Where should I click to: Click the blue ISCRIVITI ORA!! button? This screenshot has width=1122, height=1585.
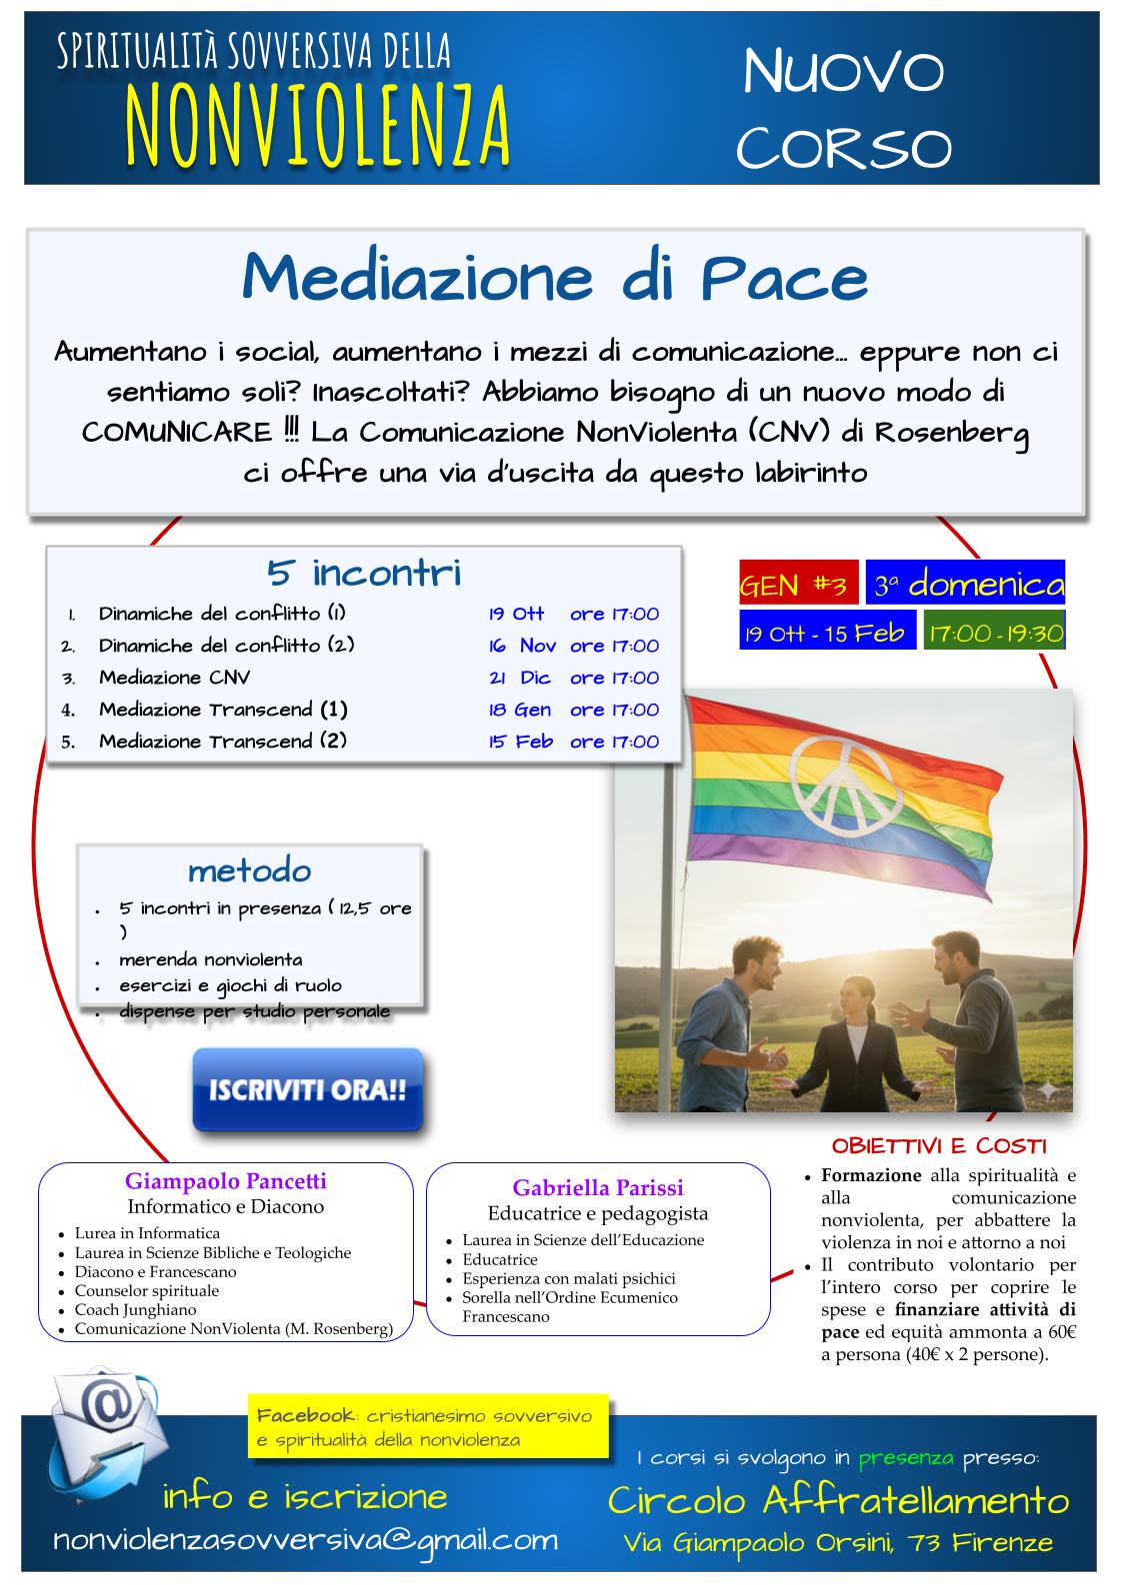pos(308,1089)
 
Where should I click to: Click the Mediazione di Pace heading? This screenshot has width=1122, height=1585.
pos(555,279)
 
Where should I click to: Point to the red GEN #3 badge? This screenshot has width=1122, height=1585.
pos(798,585)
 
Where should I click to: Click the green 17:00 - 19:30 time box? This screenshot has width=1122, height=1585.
pos(994,633)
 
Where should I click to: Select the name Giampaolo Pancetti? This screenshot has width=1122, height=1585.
pos(225,1181)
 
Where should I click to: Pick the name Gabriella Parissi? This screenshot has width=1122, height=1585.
pos(598,1188)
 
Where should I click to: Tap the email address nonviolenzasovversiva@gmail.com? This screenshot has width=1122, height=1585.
pos(305,1540)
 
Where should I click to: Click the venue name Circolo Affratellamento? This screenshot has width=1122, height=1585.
pos(838,1500)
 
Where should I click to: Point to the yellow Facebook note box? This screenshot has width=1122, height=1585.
pos(428,1427)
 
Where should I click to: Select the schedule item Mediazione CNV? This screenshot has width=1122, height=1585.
pos(174,678)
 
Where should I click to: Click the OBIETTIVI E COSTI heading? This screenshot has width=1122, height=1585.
pos(939,1145)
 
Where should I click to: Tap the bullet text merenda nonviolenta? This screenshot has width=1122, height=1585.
pos(210,960)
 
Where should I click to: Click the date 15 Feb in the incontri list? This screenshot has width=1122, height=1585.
pos(520,742)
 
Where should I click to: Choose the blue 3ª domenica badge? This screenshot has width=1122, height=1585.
pos(965,584)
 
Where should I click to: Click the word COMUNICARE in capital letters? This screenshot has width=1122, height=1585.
pos(176,433)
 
